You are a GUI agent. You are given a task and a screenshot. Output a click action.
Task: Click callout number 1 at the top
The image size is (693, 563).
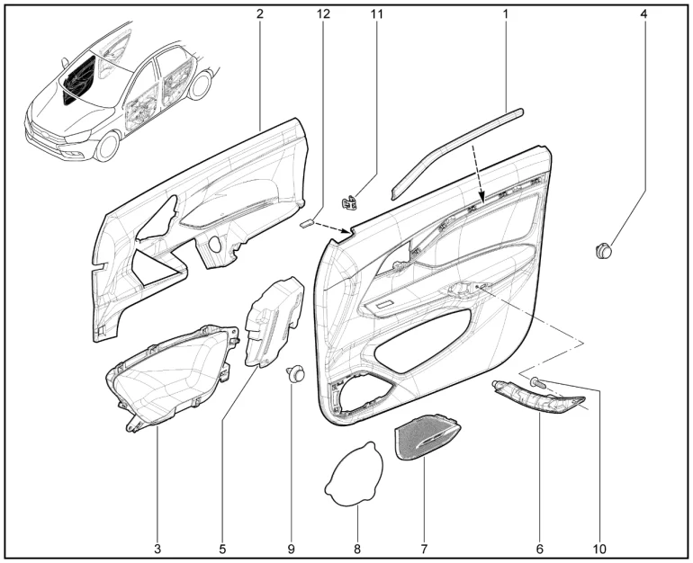point(506,13)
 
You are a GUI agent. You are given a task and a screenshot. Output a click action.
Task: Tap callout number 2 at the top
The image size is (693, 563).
point(260,13)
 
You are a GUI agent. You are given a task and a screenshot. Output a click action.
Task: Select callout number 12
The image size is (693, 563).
point(323,13)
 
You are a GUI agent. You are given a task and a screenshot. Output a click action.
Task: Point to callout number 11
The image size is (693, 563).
point(376,13)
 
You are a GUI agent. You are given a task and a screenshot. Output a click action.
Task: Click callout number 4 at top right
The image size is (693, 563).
point(643,13)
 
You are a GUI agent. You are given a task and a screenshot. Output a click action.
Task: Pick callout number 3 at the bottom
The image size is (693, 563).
point(157,550)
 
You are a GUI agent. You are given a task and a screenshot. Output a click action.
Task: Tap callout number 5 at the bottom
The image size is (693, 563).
point(222,550)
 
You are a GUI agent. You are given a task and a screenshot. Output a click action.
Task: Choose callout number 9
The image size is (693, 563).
point(292,550)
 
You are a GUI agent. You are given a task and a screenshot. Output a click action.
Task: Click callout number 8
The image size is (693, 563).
point(357,550)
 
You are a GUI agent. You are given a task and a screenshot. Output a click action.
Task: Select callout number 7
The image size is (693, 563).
point(424,550)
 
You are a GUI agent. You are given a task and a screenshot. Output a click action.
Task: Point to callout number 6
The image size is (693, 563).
point(540,550)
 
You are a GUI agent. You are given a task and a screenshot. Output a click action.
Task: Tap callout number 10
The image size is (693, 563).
point(599,550)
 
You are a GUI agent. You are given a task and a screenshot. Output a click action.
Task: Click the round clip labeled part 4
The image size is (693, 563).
point(603,251)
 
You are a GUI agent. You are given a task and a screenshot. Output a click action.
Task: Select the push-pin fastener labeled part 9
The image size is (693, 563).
point(295,373)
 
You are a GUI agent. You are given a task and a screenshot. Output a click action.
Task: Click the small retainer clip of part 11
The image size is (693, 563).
point(349,203)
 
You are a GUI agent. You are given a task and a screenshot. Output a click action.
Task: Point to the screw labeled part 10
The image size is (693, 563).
point(538,382)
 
